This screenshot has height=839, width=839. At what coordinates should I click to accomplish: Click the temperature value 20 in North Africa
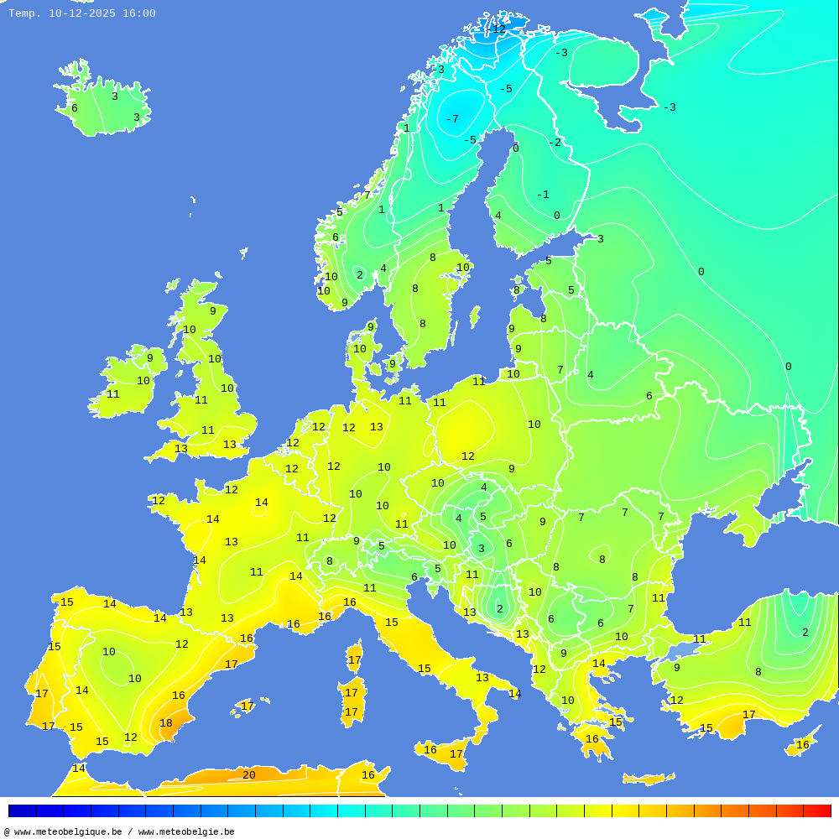(248, 775)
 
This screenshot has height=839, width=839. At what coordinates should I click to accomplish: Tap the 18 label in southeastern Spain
(166, 723)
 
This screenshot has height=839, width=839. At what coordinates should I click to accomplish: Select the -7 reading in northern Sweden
(451, 119)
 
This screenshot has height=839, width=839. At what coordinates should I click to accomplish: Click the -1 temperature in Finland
(543, 195)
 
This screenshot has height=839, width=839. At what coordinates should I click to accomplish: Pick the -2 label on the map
(555, 143)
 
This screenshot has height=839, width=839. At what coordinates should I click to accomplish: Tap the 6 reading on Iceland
(74, 108)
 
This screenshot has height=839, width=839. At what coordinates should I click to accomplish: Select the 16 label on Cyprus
(802, 745)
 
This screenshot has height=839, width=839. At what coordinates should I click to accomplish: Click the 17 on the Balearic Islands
(248, 706)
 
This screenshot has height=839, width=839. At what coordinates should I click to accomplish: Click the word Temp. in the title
(24, 13)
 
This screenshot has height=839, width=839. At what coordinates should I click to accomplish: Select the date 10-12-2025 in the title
(82, 13)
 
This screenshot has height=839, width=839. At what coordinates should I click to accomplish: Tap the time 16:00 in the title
(138, 13)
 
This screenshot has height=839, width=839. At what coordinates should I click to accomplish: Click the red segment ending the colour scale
(817, 810)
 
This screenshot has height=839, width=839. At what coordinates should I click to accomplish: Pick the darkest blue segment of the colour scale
(22, 810)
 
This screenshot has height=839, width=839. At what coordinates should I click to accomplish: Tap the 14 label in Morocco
(78, 769)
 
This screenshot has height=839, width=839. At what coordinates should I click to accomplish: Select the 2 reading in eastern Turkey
(805, 633)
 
